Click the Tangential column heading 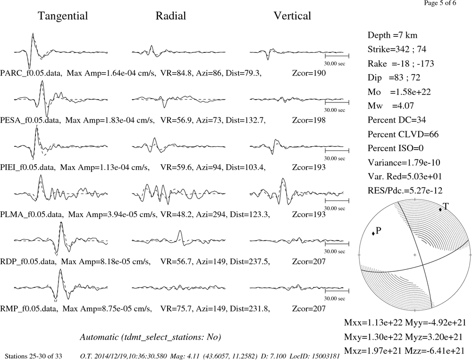[x=63, y=16]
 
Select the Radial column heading [x=171, y=16]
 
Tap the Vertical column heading [x=292, y=16]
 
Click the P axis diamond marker [x=373, y=233]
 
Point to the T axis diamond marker [x=440, y=209]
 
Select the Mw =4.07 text [x=391, y=106]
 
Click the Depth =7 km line [x=393, y=35]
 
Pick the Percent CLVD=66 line [x=403, y=134]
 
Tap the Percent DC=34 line [x=397, y=120]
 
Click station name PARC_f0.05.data [x=31, y=73]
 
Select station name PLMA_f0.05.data [x=32, y=215]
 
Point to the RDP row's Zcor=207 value [x=309, y=261]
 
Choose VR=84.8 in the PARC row [x=177, y=73]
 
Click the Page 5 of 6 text [x=440, y=3]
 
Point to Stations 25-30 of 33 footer [x=34, y=356]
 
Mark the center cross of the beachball [x=415, y=255]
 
